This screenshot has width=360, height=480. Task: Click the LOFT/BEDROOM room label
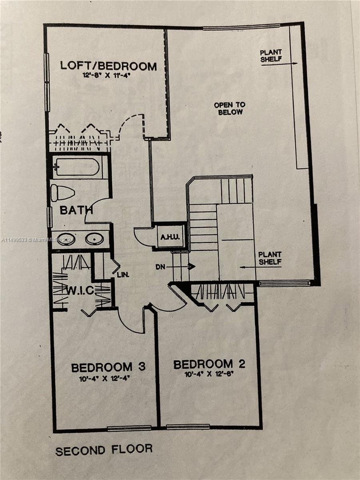coord(108,66)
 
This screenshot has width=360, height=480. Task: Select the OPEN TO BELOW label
coord(230,108)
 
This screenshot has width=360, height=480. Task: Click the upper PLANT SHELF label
coord(271,56)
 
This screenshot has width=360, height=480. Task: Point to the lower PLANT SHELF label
coord(270,258)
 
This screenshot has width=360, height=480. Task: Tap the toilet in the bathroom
coord(62,193)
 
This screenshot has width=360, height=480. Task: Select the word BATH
coord(76,210)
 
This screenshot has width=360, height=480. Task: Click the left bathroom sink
coord(66,239)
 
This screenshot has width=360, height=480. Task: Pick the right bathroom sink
coord(95,239)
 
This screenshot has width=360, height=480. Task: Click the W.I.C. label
coord(79,290)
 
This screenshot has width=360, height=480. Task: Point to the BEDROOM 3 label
coord(108,367)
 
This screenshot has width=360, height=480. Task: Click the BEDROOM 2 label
coord(209,364)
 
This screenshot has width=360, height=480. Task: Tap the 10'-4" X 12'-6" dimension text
coord(209,375)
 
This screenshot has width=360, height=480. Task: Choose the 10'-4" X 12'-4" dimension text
coord(108,378)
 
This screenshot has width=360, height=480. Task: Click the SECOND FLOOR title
coord(104,450)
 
